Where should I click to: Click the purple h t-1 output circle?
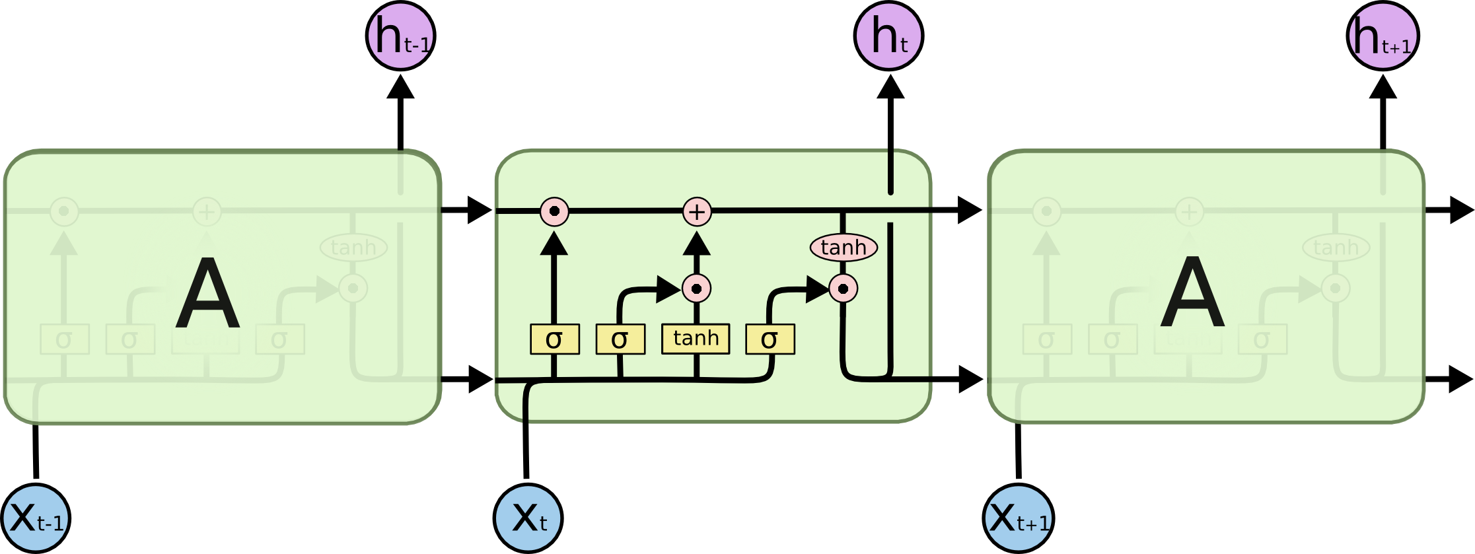click(x=400, y=36)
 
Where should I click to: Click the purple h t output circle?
click(x=888, y=36)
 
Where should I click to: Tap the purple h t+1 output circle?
click(x=1382, y=36)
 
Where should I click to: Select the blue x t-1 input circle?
click(x=36, y=518)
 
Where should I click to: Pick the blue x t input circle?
click(x=528, y=518)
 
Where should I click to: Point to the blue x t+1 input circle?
click(x=1018, y=518)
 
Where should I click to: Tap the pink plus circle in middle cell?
click(x=697, y=212)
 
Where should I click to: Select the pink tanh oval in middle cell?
click(x=844, y=248)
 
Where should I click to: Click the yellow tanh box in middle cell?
click(x=696, y=339)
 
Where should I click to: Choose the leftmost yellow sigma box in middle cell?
click(x=555, y=339)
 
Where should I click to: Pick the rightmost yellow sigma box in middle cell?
click(x=770, y=339)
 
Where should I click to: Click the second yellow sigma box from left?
click(x=620, y=339)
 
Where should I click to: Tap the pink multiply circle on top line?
click(x=554, y=212)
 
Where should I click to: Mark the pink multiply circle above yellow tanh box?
click(x=696, y=289)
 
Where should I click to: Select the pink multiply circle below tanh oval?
click(x=843, y=289)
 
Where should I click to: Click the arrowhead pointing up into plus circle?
click(x=696, y=244)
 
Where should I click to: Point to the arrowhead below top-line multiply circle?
click(x=554, y=244)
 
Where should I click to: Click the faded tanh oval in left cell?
click(x=353, y=248)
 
